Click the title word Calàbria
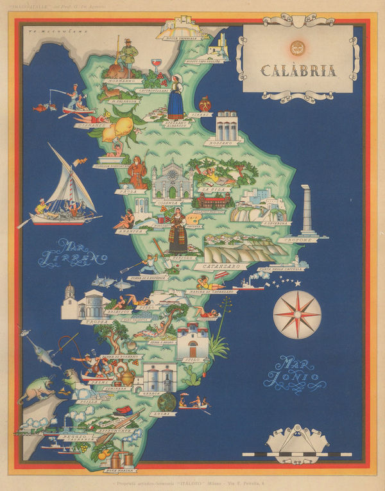298,69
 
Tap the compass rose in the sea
297,314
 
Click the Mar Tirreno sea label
73,252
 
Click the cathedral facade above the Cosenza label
172,180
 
